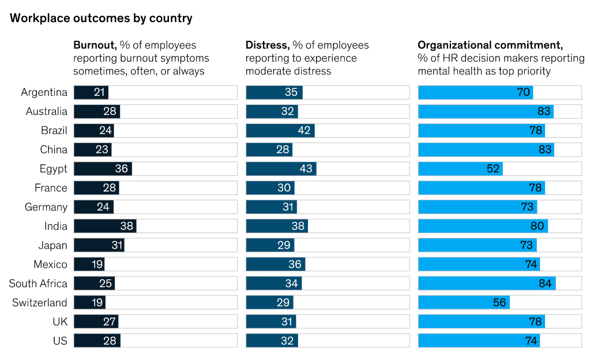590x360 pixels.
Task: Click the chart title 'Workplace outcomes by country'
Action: [101, 18]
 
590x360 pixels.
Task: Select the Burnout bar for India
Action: [105, 226]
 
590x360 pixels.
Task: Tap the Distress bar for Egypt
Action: [281, 169]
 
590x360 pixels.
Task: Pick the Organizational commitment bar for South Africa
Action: [487, 283]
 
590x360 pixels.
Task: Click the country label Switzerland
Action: [40, 303]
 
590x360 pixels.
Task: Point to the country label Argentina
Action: [44, 92]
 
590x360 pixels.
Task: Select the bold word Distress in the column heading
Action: [267, 45]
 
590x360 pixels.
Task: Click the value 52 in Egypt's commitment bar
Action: [493, 169]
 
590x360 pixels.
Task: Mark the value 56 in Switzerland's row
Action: [499, 303]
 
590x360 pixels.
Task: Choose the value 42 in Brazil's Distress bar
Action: [305, 130]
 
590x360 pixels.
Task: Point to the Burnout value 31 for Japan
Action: [117, 245]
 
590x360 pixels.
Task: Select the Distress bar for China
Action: [269, 149]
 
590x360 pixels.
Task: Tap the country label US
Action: [60, 341]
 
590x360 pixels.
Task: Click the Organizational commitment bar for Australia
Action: [486, 111]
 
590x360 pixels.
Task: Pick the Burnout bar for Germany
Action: [93, 207]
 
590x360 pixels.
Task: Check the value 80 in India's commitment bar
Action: [537, 226]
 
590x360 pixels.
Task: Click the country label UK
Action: [59, 322]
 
